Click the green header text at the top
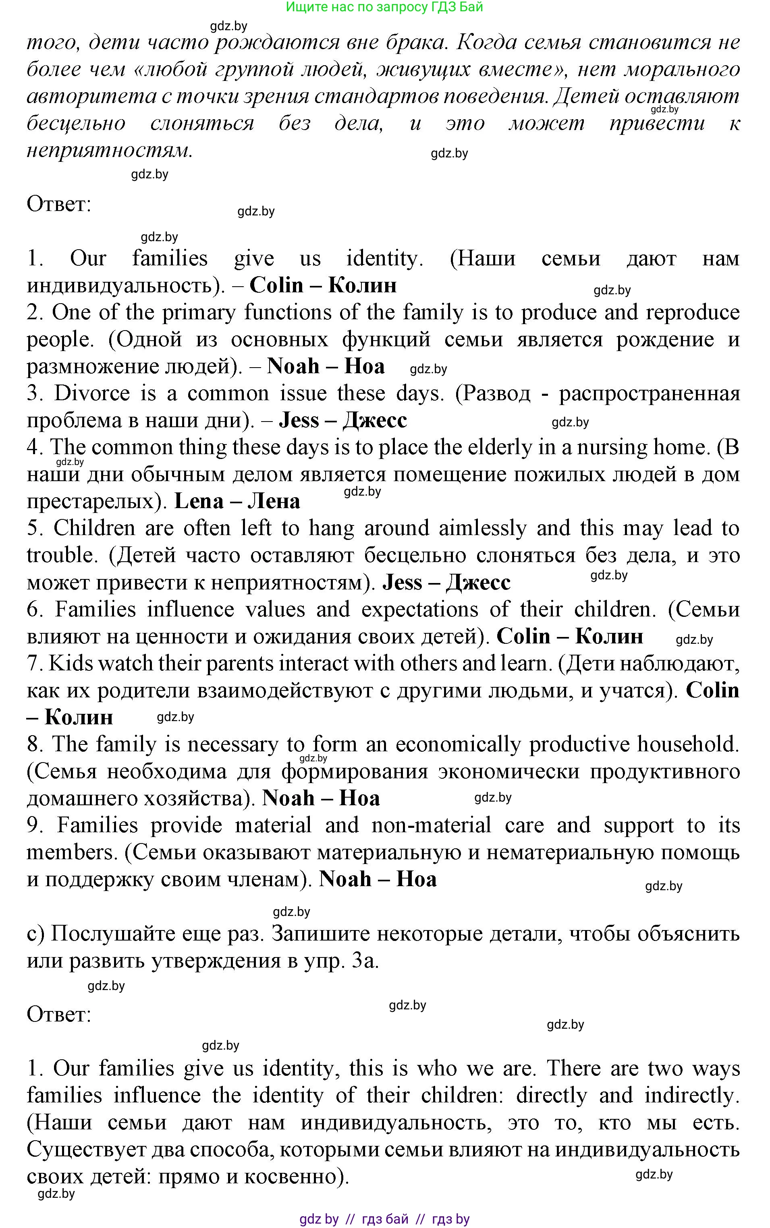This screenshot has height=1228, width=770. coord(384,7)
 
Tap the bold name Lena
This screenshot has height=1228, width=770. coord(199,501)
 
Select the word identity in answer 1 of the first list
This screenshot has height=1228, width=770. coord(384,258)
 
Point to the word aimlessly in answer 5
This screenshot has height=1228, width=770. coord(482,528)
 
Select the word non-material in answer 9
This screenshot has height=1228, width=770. coord(431,825)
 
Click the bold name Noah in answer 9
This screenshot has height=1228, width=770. coord(345,879)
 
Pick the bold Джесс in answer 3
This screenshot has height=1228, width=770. coord(374,420)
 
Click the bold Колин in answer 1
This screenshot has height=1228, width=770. coord(362,285)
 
